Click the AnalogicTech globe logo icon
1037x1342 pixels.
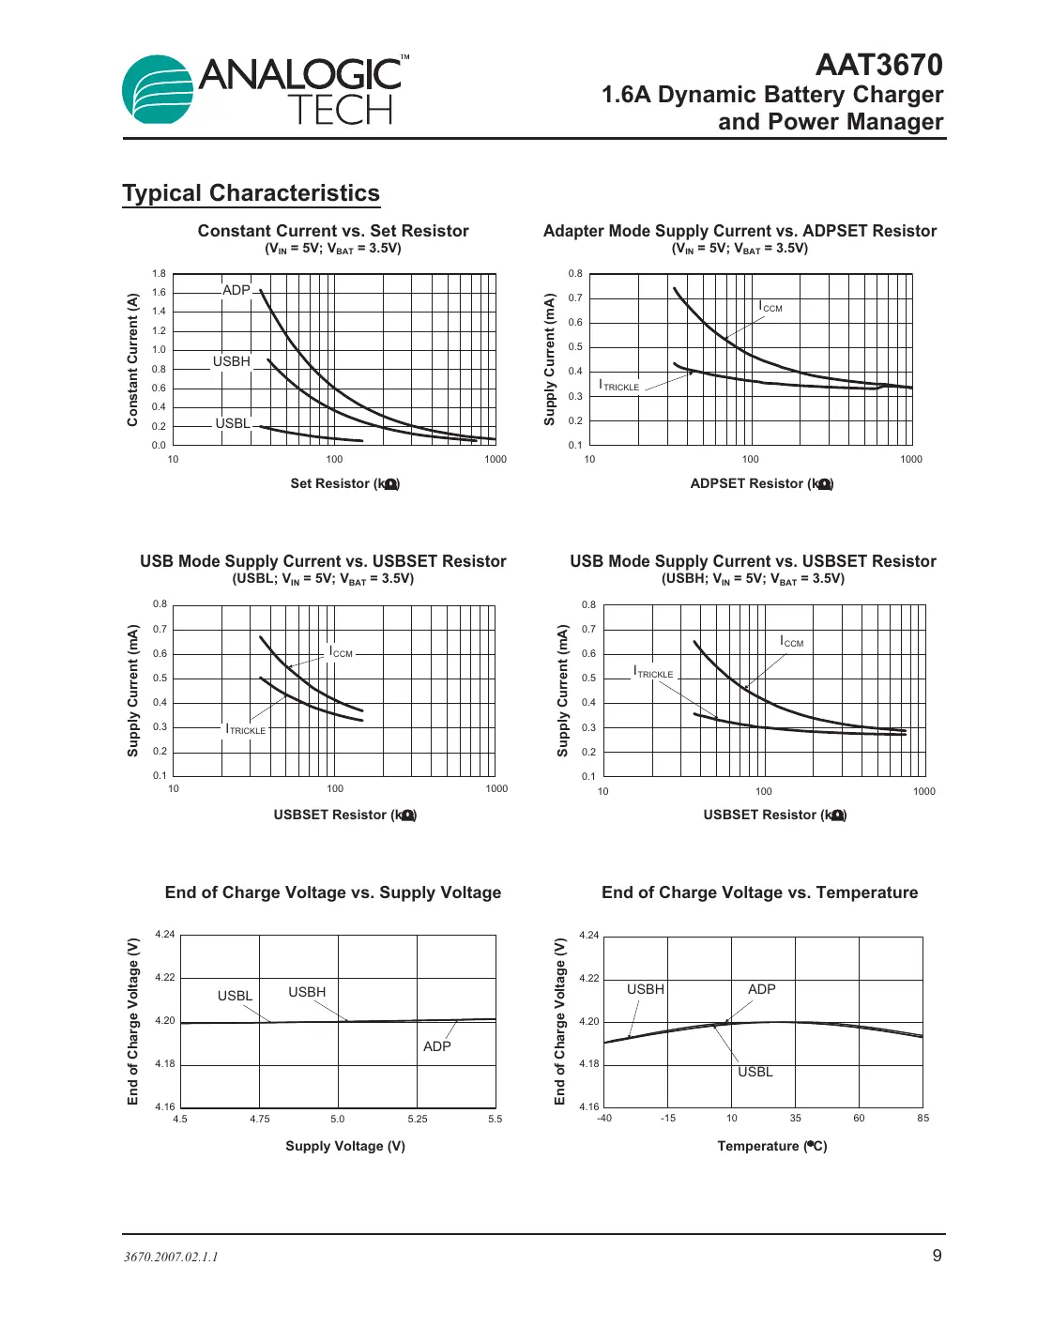pos(158,89)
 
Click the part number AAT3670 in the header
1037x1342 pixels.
pos(878,65)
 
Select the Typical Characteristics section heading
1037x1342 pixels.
pos(251,193)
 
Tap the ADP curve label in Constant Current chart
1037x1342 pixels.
pos(236,290)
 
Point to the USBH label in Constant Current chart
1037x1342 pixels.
pos(231,361)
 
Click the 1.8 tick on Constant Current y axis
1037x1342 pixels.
pos(159,274)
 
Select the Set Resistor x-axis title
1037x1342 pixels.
pos(344,483)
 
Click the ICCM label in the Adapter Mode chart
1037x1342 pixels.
pos(770,307)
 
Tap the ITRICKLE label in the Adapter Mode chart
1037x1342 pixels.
pos(619,386)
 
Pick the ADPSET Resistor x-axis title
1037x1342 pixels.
pos(761,483)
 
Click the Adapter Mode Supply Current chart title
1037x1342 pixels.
pos(740,231)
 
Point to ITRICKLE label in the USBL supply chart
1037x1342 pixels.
pos(246,729)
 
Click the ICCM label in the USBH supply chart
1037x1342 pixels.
pos(792,642)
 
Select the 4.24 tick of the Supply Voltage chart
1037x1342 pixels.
pos(165,934)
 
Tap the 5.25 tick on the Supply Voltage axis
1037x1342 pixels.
pos(418,1119)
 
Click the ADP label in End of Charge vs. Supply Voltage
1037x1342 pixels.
pos(437,1046)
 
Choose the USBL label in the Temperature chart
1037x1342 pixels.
pos(755,1072)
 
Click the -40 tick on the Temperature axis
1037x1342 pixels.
pos(604,1118)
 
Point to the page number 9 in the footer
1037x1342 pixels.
pos(937,1256)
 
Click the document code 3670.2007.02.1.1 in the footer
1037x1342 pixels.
pos(171,1257)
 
